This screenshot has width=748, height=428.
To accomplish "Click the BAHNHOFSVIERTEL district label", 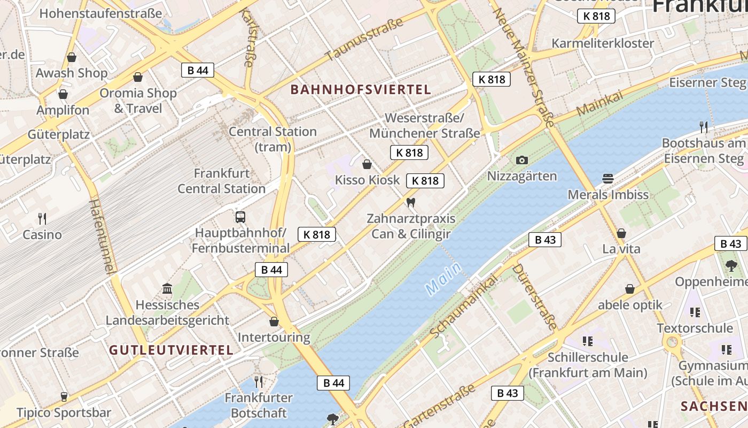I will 361,89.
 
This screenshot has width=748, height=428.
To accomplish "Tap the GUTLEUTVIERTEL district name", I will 172,350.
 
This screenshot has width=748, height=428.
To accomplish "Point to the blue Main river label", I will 443,278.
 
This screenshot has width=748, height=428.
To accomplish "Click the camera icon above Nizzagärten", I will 522,160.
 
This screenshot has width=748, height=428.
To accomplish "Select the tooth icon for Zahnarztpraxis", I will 410,202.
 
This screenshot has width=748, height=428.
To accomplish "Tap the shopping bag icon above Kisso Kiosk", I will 367,164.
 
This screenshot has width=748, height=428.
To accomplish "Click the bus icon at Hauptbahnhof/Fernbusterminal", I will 240,217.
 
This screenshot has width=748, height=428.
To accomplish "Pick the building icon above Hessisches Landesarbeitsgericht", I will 167,289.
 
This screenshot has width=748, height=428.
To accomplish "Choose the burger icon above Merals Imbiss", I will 607,178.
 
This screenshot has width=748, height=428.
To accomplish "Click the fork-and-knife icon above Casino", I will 42,218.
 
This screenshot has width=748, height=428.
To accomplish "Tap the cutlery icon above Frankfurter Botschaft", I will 259,381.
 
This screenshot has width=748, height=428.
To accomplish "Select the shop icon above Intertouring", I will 274,321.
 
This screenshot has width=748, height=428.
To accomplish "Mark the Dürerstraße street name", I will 535,296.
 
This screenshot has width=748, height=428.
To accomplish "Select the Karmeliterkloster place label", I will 603,43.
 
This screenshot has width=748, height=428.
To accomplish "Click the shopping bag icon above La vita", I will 621,233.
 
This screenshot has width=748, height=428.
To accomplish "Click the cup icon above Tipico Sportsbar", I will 64,396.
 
